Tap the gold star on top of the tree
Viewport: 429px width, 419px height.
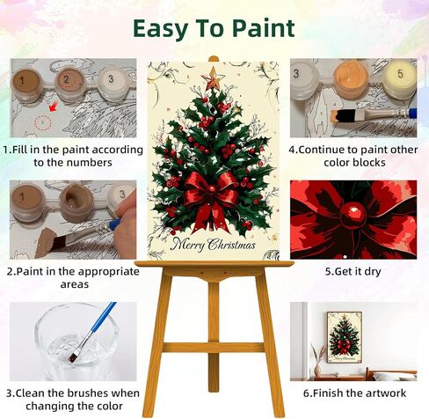[213, 80]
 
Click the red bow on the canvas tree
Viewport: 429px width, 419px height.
[210, 195]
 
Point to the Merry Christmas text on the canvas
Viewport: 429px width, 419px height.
[213, 244]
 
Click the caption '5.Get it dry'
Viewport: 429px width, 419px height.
[353, 271]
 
